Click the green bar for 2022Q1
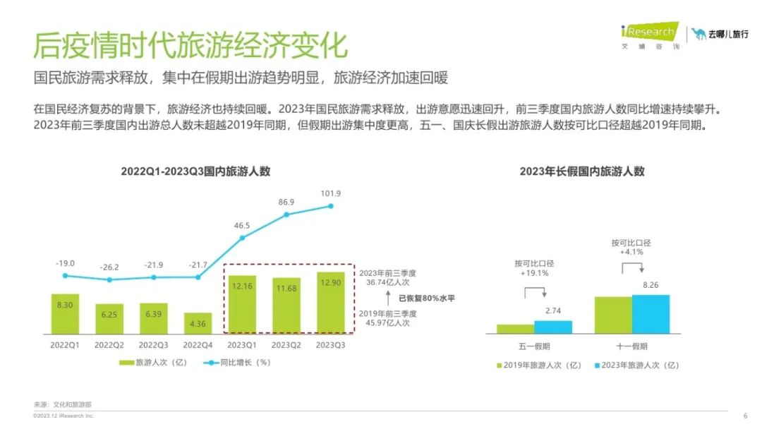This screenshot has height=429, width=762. (x=65, y=313)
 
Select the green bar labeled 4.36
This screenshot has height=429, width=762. (x=198, y=322)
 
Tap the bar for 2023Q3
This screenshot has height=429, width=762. (x=332, y=302)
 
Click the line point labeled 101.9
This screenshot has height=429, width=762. (x=332, y=206)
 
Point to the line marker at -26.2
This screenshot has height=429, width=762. (x=109, y=279)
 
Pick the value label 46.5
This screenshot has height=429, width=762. (x=242, y=226)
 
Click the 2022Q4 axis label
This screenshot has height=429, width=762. (x=198, y=345)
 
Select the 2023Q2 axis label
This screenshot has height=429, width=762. (x=287, y=345)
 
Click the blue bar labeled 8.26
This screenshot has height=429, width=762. (x=651, y=314)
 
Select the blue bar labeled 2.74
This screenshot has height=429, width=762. (x=553, y=327)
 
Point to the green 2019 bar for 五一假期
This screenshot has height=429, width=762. (x=515, y=329)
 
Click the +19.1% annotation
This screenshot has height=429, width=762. (x=534, y=273)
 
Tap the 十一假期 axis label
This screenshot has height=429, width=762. (x=631, y=346)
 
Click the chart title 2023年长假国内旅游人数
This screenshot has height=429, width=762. (x=582, y=171)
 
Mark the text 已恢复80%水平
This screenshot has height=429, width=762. (x=427, y=298)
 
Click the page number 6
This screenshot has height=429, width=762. (x=745, y=416)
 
